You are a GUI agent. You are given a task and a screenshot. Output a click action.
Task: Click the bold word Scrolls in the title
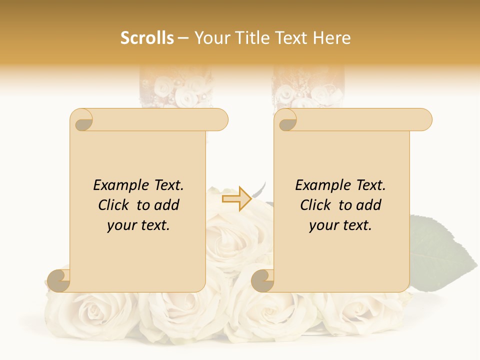[x=147, y=38]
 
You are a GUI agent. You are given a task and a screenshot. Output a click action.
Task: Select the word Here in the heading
[x=331, y=38]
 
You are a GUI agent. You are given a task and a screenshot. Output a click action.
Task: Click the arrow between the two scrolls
[x=236, y=199]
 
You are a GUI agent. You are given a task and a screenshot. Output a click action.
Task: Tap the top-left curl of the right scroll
[x=287, y=120]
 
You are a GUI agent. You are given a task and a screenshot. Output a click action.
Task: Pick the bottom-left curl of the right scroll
[x=263, y=280]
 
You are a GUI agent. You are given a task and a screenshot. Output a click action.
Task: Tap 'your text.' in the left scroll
[x=138, y=225]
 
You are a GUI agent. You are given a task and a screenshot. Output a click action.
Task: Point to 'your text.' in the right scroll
[x=340, y=225]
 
